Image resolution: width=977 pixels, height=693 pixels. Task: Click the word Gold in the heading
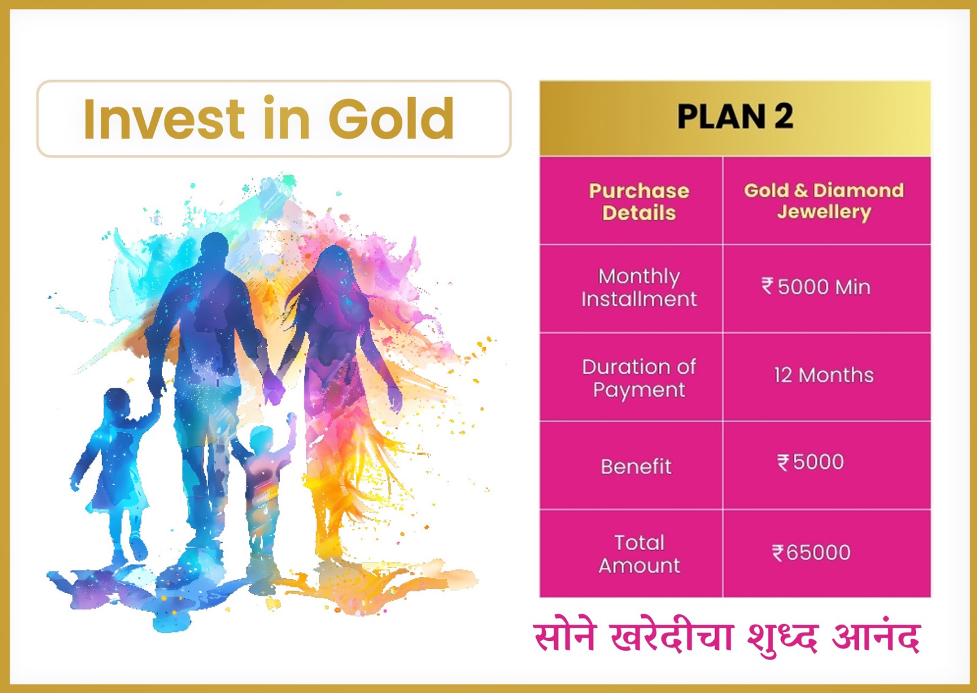391,118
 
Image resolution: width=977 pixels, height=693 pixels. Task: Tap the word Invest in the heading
164,118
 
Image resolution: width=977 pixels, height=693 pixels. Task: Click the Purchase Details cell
639,201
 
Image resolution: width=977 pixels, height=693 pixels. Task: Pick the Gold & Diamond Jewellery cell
824,201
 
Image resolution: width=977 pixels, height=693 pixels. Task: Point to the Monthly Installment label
639,288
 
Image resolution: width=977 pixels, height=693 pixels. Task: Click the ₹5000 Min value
816,287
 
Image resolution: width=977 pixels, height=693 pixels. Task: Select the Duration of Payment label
639,378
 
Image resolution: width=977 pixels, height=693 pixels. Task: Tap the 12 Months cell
824,375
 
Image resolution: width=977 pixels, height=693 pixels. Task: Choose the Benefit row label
636,466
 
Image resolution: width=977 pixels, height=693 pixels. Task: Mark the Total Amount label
639,554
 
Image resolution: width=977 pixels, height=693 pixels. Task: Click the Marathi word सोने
564,637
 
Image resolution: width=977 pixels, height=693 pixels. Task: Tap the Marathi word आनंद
876,637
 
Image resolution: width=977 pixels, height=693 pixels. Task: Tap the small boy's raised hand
291,421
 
